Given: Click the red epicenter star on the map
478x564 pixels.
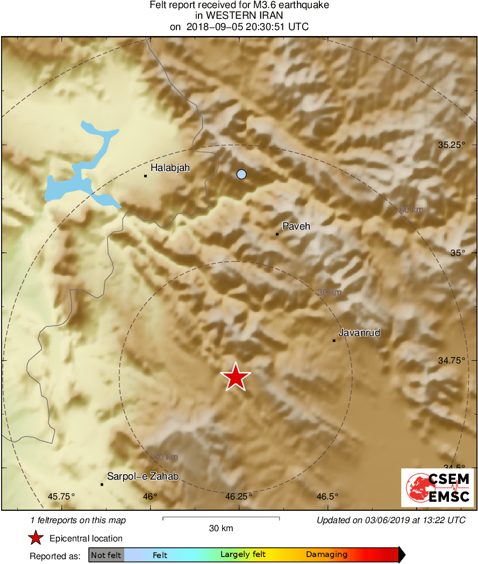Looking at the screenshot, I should pos(236,377).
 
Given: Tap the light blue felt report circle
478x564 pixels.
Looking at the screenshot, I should pos(241,174).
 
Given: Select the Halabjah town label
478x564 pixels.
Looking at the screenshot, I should pos(170,168).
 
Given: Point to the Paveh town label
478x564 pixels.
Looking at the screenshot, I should pos(296,226).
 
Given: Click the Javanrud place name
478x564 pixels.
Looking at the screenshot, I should pos(359,333).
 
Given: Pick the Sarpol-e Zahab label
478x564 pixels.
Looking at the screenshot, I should pos(142,476).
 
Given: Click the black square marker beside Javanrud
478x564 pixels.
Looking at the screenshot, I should pos(334,340).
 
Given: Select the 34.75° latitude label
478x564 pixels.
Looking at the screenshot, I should pos(451,361).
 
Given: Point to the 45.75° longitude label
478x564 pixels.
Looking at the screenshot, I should pos(62,496).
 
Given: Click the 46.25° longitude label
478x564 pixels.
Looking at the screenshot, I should pos(239,496).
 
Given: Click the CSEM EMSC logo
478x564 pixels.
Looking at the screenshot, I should pos(437,488).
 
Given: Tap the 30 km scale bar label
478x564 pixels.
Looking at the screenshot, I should pos(221,529).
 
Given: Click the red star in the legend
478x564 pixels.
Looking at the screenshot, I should pos(35,538).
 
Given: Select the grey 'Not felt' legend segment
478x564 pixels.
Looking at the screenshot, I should pos(105,555).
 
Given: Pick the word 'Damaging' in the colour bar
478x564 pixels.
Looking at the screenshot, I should pos(326,555).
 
